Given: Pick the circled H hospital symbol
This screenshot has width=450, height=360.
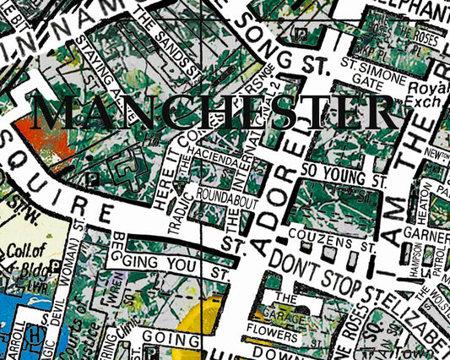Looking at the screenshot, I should point(33,336).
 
